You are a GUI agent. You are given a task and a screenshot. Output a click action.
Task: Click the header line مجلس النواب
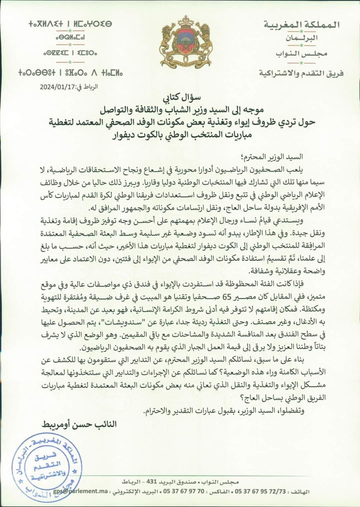302,54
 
